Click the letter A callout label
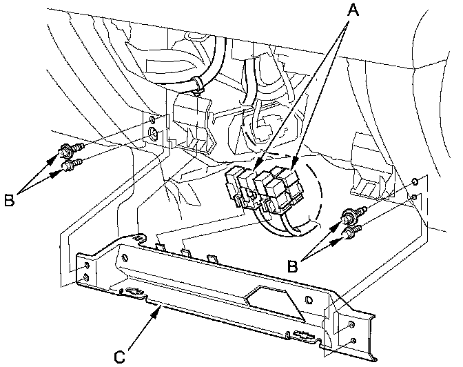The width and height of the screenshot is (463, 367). click(353, 11)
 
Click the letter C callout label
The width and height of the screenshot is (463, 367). click(120, 357)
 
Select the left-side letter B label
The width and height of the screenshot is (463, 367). click(9, 200)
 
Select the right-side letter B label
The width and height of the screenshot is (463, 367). click(293, 266)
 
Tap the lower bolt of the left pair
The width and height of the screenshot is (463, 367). click(72, 164)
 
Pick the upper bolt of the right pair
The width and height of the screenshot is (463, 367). click(354, 215)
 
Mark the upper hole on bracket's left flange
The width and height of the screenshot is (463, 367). click(87, 264)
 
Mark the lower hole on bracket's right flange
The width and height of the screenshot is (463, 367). click(354, 341)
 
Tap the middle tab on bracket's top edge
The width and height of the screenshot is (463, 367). click(186, 252)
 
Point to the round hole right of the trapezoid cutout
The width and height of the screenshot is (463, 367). click(308, 301)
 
